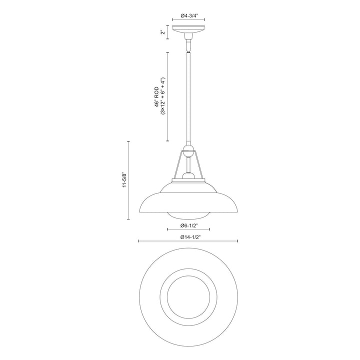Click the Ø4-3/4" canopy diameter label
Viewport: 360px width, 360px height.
189,15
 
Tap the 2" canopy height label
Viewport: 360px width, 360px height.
163,32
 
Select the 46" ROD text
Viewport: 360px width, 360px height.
156,96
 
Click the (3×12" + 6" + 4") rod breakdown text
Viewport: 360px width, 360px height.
163,96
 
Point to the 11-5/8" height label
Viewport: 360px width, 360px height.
124,179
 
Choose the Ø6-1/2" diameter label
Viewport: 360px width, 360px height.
189,225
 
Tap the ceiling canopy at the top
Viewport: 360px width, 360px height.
188,29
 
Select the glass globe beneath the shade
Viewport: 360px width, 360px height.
188,215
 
